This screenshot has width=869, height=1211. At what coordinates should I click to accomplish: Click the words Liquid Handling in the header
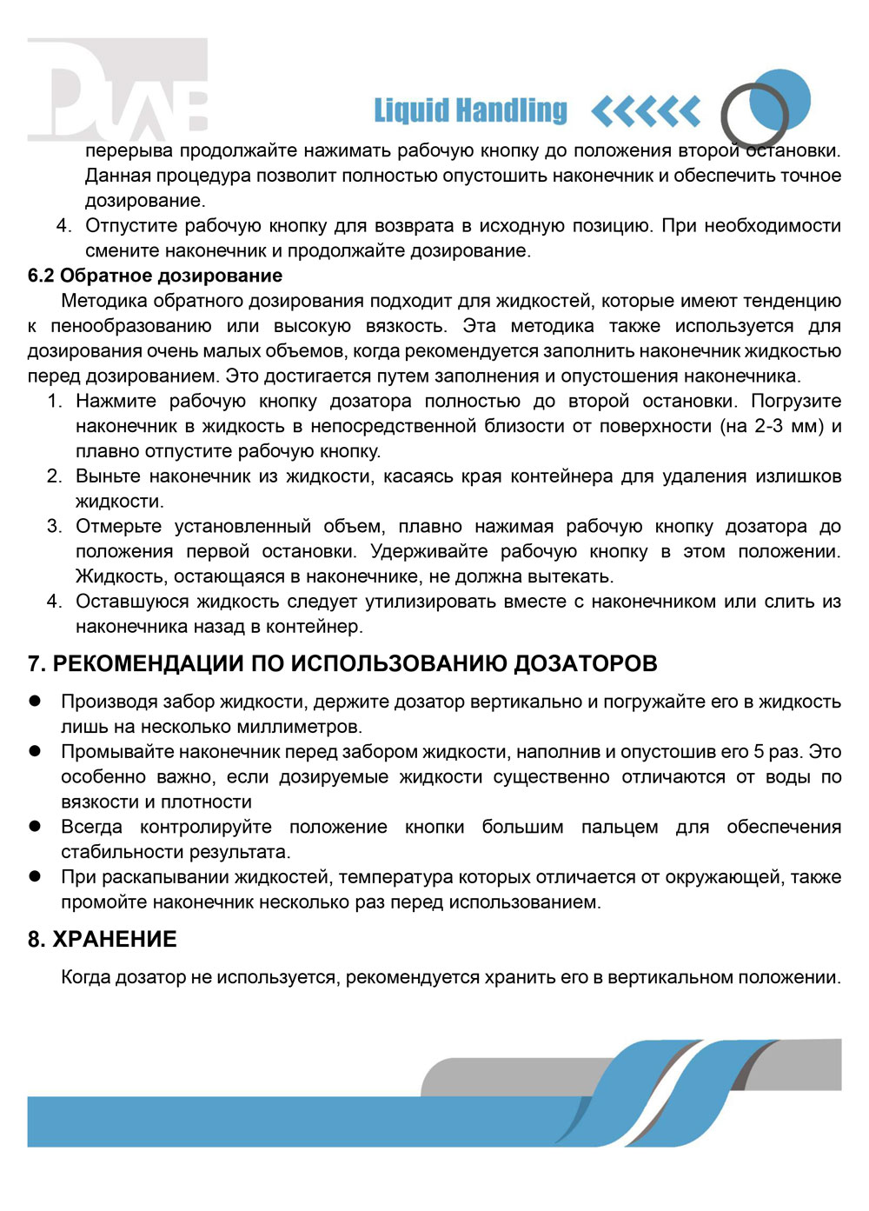pyautogui.click(x=470, y=110)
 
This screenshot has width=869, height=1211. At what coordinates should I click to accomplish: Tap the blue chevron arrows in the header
pyautogui.click(x=645, y=111)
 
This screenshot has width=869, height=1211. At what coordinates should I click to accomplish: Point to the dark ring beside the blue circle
pyautogui.click(x=753, y=115)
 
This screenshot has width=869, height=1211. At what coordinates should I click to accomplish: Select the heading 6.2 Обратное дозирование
pyautogui.click(x=155, y=276)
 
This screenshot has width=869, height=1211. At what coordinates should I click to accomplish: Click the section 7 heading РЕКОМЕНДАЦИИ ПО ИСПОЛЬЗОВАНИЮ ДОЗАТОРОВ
pyautogui.click(x=342, y=663)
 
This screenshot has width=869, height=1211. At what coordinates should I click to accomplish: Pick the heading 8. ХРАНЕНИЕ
pyautogui.click(x=102, y=939)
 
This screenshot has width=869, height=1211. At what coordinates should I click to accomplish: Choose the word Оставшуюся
pyautogui.click(x=129, y=601)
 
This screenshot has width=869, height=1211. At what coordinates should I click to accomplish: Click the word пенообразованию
pyautogui.click(x=131, y=326)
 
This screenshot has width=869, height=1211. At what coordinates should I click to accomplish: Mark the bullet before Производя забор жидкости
pyautogui.click(x=35, y=701)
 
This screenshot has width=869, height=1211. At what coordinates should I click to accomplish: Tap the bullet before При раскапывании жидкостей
pyautogui.click(x=35, y=876)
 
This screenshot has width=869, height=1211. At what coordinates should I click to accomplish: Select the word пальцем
pyautogui.click(x=620, y=826)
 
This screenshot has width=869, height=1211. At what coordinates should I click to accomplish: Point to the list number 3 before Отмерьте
pyautogui.click(x=54, y=526)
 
